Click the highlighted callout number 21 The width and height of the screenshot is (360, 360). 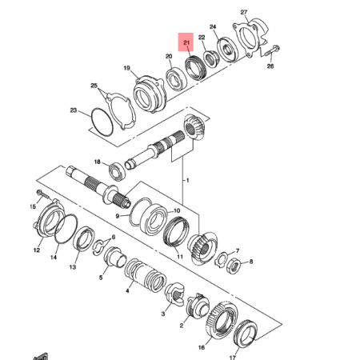186,42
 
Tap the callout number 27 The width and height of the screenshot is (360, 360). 245,13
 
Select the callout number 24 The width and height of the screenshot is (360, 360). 213,26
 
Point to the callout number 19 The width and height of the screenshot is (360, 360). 126,69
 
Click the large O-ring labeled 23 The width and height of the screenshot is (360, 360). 100,124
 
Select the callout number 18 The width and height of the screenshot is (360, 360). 98,162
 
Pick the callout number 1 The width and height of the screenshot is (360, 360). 188,182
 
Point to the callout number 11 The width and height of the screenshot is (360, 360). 180,257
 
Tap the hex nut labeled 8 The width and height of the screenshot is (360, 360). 234,265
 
